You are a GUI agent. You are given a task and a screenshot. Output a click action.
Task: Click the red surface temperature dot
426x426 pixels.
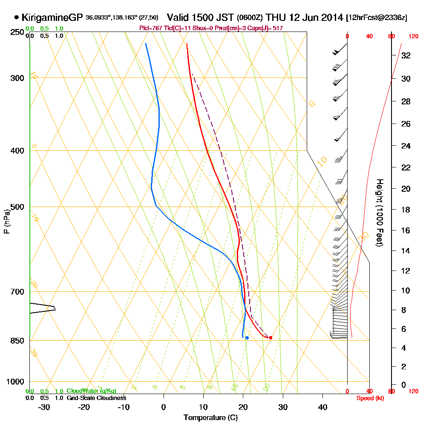pos(271,338)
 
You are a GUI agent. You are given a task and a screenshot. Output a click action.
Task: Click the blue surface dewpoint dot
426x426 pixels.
pos(247,338)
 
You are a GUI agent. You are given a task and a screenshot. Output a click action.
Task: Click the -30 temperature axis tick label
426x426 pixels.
pos(44,407)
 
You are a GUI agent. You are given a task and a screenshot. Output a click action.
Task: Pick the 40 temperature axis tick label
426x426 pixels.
pos(322,407)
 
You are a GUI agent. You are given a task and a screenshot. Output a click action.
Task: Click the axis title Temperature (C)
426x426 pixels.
pos(210,418)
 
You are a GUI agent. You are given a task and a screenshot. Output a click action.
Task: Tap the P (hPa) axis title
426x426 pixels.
pos(6,221)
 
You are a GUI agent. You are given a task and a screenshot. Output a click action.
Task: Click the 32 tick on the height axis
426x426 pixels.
pos(406,55)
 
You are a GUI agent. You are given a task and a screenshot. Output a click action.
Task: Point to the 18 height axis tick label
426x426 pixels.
pos(406,210)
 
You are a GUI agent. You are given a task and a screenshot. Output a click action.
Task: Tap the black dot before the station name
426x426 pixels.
pos(17,17)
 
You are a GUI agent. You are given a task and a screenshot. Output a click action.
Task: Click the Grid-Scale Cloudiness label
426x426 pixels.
pos(96,398)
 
